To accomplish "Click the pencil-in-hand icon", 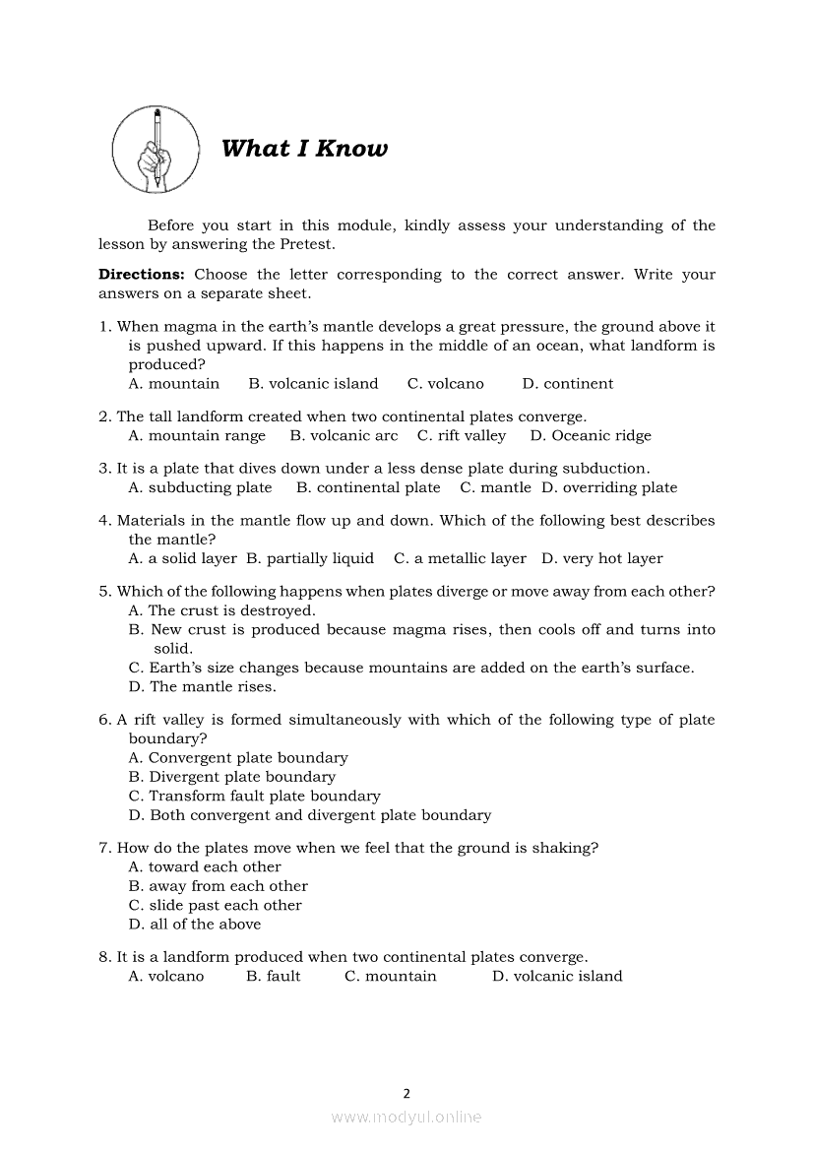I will click(x=156, y=150).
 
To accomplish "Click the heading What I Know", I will click(x=304, y=149).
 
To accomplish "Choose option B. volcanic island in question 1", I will click(x=313, y=384).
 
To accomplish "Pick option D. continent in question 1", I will click(x=567, y=384).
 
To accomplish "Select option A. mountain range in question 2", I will click(x=197, y=436).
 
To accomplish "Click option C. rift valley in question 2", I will click(x=461, y=436).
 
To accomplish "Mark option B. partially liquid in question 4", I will click(x=310, y=558).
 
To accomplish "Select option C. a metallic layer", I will click(x=460, y=558).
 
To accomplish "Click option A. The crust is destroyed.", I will click(x=221, y=610).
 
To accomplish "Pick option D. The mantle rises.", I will click(x=202, y=686).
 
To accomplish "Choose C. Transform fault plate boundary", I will click(x=254, y=796).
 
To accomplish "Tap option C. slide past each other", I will click(x=215, y=905).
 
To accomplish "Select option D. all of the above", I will click(x=195, y=924).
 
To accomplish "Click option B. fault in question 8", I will click(x=274, y=976).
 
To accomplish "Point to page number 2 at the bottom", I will click(x=406, y=1092).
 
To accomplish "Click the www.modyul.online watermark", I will click(x=406, y=1117).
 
